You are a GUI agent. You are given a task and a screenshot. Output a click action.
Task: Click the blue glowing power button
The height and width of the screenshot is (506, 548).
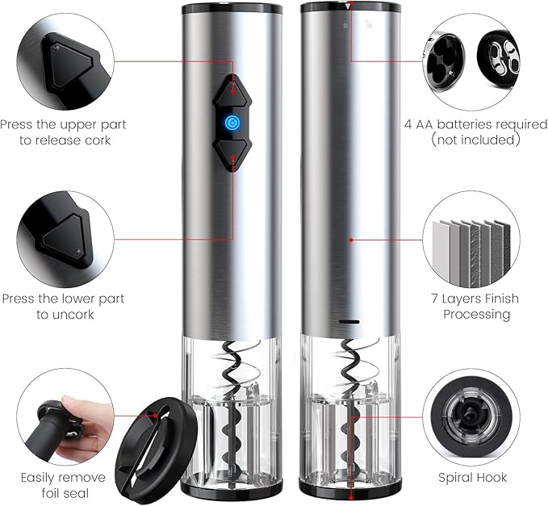pyautogui.click(x=232, y=123)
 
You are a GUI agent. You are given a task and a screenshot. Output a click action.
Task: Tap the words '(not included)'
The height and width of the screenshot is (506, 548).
pyautogui.click(x=475, y=140)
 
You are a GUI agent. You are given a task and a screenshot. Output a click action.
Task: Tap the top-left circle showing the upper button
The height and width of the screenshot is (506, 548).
pyautogui.click(x=62, y=59)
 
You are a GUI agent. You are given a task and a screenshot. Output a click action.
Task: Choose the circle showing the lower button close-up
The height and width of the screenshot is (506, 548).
pyautogui.click(x=62, y=234)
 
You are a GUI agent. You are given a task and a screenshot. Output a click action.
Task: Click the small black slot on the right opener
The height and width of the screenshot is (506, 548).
pyautogui.click(x=350, y=320)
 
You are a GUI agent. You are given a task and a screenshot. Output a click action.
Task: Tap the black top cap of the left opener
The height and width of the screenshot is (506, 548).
pyautogui.click(x=232, y=9)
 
